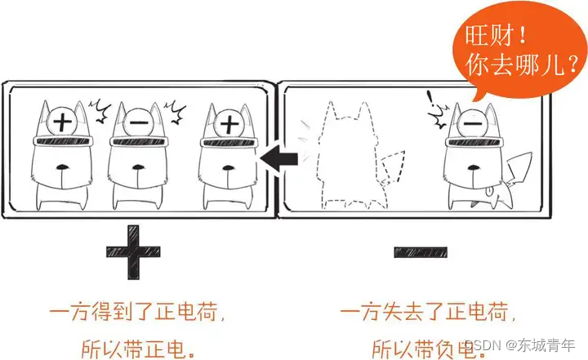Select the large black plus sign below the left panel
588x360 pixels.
click(134, 249)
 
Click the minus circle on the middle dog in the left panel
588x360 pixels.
click(139, 123)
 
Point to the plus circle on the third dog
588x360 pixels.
click(229, 124)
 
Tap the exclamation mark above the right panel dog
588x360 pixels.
click(431, 102)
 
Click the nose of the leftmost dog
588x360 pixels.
click(62, 171)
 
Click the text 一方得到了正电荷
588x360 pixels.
click(136, 313)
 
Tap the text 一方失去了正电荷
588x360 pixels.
click(425, 313)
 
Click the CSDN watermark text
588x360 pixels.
click(514, 347)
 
